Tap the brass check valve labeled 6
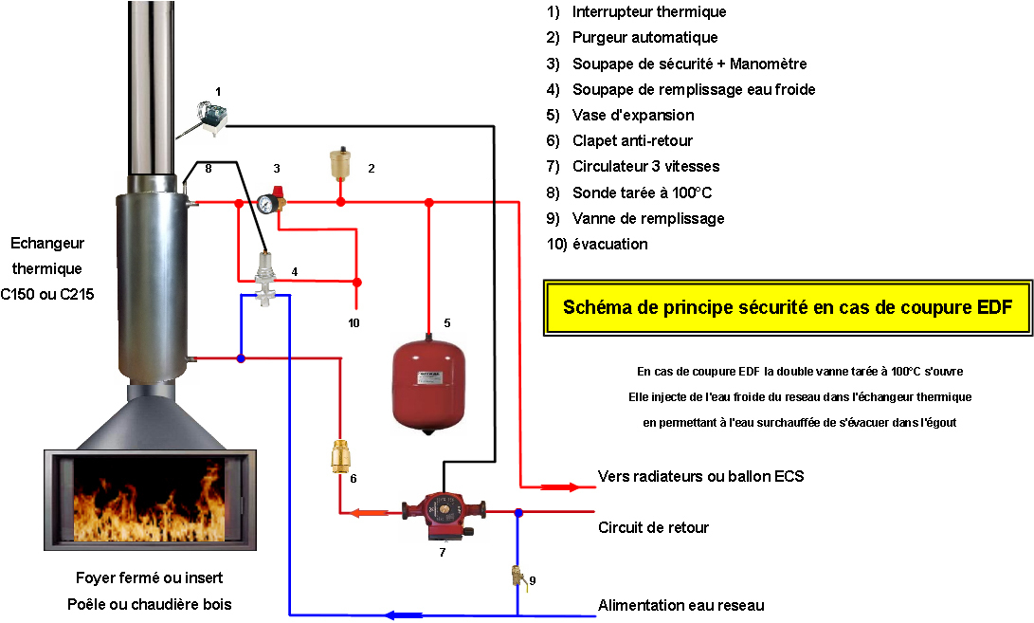coord(340,457)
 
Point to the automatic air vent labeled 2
coord(339,165)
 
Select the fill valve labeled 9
coord(517,576)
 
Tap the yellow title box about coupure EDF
coord(788,307)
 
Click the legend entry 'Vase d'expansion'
coord(632,115)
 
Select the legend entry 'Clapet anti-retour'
coord(632,140)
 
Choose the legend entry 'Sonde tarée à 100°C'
coord(642,192)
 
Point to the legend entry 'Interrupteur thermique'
coord(648,12)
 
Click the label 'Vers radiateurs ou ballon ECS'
coord(700,476)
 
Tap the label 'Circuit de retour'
coord(653,527)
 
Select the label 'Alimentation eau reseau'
coord(680,605)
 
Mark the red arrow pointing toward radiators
coord(559,487)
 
